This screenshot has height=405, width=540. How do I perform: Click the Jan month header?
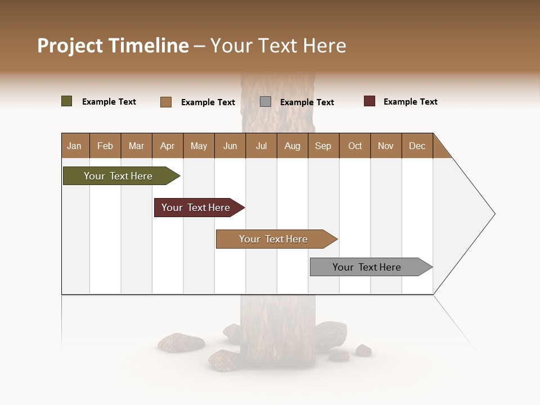[75, 146]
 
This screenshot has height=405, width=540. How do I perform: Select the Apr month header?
[168, 146]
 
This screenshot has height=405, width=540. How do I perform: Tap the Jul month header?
[261, 146]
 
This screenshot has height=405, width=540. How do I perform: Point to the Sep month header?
[323, 146]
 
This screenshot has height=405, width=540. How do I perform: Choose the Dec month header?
[417, 146]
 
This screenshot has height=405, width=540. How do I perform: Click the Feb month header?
[105, 146]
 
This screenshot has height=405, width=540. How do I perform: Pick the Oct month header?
[355, 146]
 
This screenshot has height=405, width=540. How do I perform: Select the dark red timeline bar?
[197, 208]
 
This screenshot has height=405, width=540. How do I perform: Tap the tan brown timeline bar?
[274, 239]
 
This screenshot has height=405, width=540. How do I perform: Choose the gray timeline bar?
[368, 267]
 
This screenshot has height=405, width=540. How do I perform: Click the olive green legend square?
[67, 101]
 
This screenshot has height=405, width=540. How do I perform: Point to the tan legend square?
[166, 102]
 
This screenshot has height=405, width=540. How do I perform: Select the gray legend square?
[265, 102]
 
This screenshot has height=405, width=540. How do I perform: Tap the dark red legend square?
[370, 101]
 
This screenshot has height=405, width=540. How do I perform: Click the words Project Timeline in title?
[113, 46]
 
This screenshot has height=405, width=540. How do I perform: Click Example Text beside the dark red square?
[410, 102]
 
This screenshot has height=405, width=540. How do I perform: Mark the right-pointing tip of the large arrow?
[493, 214]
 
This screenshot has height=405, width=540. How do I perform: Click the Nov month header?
[386, 146]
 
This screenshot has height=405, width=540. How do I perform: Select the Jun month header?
[230, 146]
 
